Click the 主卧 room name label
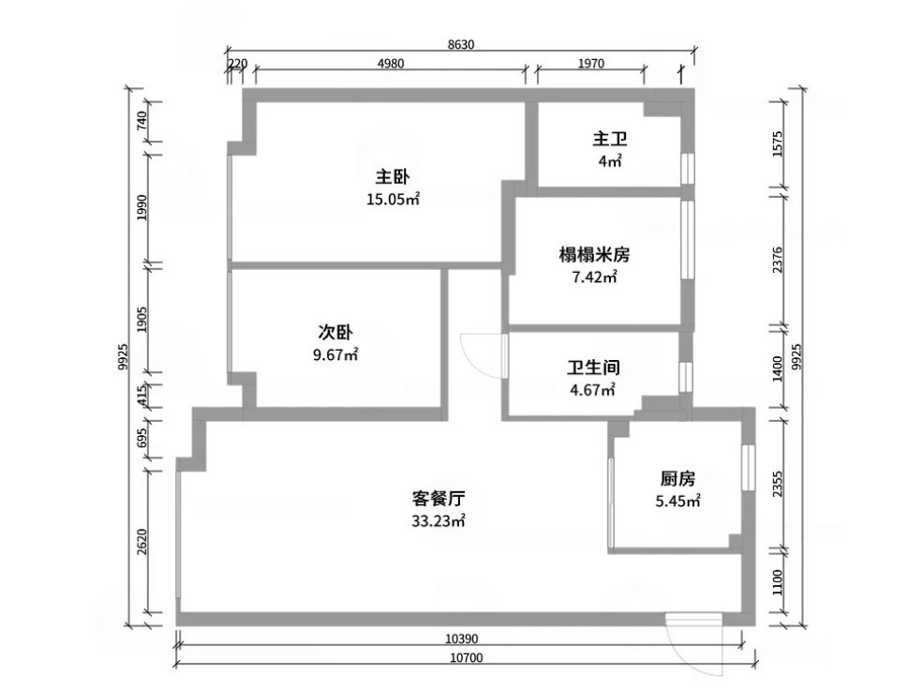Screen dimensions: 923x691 click(393, 176)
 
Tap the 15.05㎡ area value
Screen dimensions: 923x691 click(393, 199)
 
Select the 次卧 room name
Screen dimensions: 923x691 click(335, 333)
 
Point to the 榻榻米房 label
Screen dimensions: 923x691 click(594, 255)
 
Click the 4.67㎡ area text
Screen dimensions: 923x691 click(593, 390)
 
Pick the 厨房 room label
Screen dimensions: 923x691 click(677, 478)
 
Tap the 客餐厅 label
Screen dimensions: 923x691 click(439, 499)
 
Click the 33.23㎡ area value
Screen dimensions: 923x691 click(439, 521)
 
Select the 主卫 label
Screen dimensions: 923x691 click(610, 139)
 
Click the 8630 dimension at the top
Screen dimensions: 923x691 click(460, 44)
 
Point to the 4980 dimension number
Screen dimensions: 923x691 click(391, 63)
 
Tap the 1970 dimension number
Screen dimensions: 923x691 click(591, 63)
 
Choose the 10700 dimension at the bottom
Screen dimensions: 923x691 click(467, 657)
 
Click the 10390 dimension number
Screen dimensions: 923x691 click(461, 638)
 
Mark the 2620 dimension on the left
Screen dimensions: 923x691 click(141, 541)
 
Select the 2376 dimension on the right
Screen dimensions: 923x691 click(778, 259)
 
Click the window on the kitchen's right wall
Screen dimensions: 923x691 click(748, 467)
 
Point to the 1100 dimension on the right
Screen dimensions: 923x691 click(778, 582)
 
